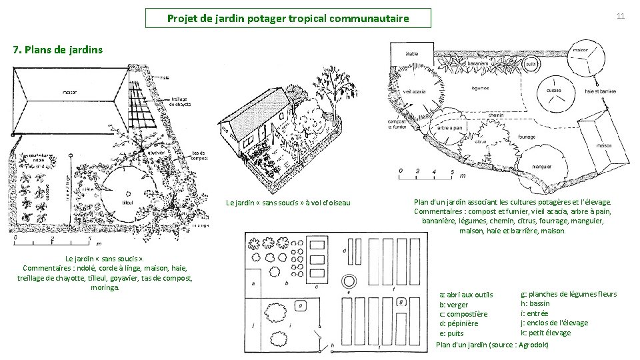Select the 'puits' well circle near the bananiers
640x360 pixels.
(x=531, y=64)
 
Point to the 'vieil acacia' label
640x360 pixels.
(x=415, y=91)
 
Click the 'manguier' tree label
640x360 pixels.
(x=541, y=166)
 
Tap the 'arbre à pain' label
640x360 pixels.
(x=450, y=128)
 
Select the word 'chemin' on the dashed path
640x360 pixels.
(x=495, y=115)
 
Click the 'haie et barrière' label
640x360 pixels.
(x=600, y=91)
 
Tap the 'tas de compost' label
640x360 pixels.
(x=199, y=155)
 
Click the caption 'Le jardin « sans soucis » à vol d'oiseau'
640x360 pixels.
(x=289, y=202)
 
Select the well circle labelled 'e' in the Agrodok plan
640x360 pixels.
(x=348, y=279)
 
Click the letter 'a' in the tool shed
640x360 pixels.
(x=254, y=283)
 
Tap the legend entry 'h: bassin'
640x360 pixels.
(x=535, y=304)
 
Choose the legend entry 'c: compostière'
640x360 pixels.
(x=463, y=314)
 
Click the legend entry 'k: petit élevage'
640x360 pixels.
(x=545, y=333)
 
